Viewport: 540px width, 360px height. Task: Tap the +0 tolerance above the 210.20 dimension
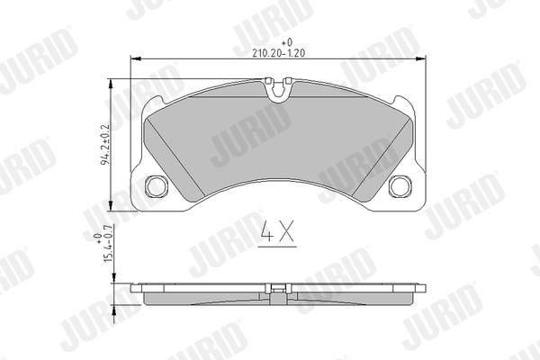tap(287, 42)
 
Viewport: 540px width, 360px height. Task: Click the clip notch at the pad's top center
tap(279, 87)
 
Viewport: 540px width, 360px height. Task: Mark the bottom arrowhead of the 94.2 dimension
tap(112, 205)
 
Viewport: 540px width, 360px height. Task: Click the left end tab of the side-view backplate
tap(137, 290)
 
